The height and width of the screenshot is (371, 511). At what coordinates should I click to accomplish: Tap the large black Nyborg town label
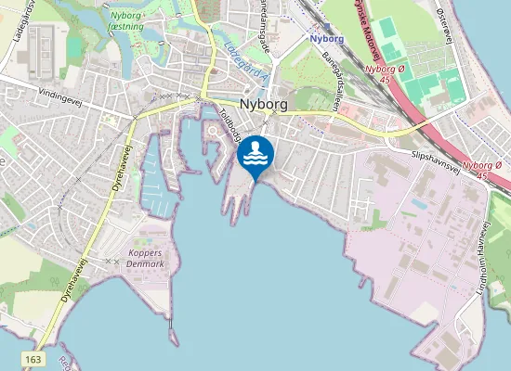[x=266, y=105]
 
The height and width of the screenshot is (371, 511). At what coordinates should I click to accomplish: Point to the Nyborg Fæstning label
[x=127, y=21]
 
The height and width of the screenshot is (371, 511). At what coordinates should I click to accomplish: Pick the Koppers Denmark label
[x=138, y=257]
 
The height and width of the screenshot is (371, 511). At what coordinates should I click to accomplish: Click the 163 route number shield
[x=34, y=358]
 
